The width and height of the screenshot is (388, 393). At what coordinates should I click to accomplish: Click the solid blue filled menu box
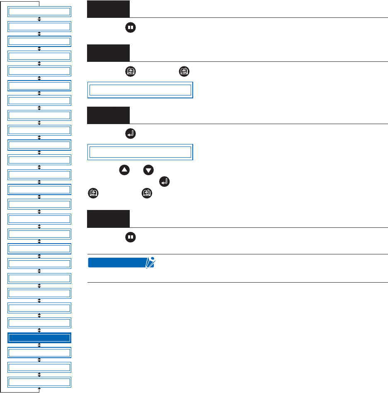(x=39, y=338)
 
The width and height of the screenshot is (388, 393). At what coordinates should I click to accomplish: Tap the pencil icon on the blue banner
(x=150, y=262)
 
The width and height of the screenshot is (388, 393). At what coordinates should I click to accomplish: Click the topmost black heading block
(x=108, y=9)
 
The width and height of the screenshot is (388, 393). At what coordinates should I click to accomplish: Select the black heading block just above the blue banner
(x=108, y=219)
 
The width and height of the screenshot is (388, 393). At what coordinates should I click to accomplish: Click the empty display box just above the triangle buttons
(x=140, y=152)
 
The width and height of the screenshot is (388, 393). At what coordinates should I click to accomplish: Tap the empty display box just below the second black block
(x=140, y=90)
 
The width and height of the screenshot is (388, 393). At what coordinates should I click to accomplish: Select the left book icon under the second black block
(x=131, y=71)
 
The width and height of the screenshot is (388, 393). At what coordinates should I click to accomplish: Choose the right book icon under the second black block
(x=184, y=71)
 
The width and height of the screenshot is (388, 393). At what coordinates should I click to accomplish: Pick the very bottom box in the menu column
(x=39, y=382)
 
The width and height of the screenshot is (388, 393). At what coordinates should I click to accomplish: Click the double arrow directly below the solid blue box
(x=39, y=345)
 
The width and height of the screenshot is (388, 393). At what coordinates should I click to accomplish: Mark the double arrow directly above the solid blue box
(x=39, y=330)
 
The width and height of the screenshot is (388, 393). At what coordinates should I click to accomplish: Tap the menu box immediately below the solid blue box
(x=39, y=353)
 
